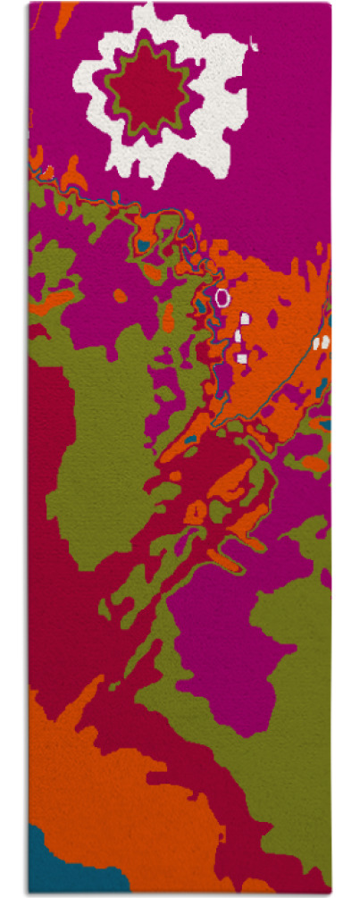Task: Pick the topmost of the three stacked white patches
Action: coord(245,316)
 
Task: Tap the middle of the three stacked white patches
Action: coord(239,335)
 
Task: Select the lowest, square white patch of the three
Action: coord(241,358)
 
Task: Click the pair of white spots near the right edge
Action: coord(322,342)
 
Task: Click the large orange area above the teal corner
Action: coord(98,786)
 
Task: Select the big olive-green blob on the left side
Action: coord(98,447)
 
